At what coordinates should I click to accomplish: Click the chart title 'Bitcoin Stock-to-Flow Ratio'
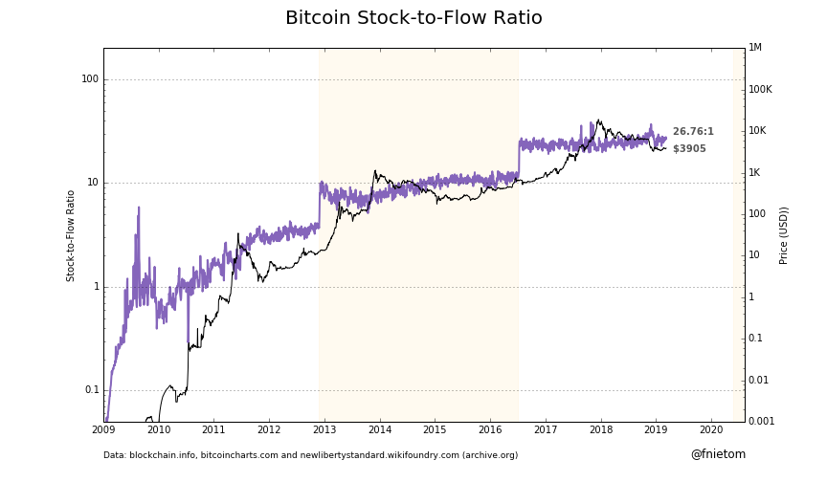pos(413,18)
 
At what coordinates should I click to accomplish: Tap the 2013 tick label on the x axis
pos(324,430)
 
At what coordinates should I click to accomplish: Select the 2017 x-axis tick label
pos(546,430)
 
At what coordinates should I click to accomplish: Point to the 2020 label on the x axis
pos(711,430)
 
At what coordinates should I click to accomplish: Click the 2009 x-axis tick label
pos(103,430)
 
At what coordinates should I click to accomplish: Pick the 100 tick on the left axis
pos(90,79)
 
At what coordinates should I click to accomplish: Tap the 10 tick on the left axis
pos(93,183)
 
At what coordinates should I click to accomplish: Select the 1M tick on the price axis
pos(755,48)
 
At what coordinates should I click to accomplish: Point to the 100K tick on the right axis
pos(760,90)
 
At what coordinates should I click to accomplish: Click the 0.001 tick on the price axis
pos(763,421)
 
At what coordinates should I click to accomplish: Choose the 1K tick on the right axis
pos(754,172)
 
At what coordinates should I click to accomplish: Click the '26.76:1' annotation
pos(693,132)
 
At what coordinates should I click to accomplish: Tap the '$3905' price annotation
pos(689,149)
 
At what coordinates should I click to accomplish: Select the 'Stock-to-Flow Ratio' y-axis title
pos(71,235)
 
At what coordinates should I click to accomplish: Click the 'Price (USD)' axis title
pos(784,235)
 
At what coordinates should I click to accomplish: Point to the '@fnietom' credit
pos(718,454)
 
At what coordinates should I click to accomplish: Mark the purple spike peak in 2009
pos(139,208)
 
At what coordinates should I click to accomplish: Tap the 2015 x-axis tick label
pos(435,430)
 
